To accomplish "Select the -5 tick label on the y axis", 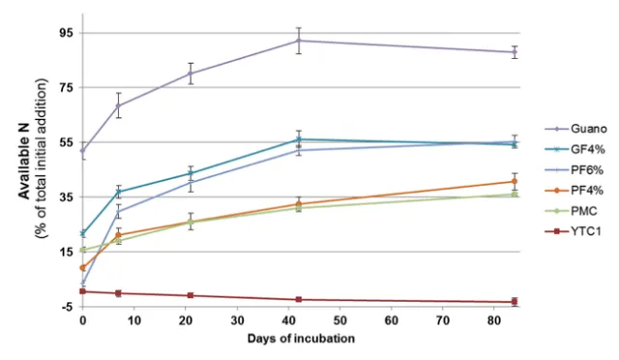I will coord(69,307).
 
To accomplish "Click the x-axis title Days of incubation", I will coord(301,339).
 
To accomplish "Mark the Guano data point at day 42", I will coord(299,41).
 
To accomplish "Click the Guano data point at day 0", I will coord(83,150).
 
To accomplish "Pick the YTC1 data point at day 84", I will coord(514,302).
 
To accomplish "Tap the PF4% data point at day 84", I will coord(514,181).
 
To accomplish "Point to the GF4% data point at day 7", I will coord(119,192).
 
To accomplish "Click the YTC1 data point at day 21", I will coord(191,295).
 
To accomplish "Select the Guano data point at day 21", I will coord(191,74).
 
